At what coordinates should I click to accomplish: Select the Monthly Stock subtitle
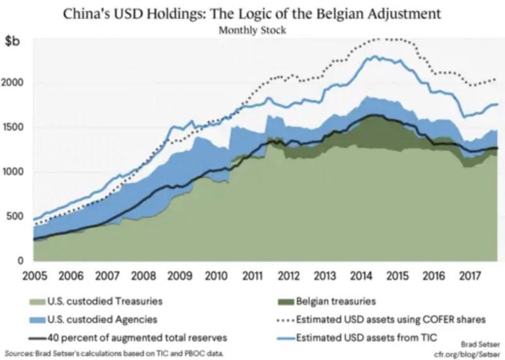252,28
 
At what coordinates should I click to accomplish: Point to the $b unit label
13,41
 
